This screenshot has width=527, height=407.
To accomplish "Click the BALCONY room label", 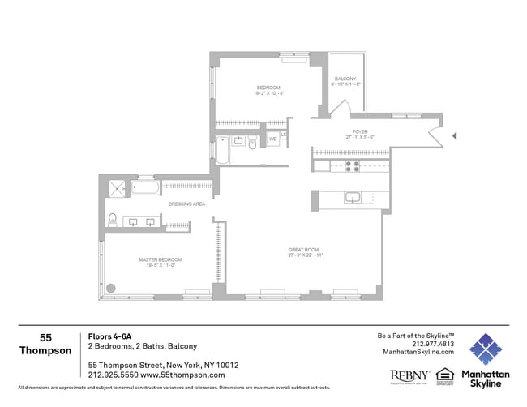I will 345,79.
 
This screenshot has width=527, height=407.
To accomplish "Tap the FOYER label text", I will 359,131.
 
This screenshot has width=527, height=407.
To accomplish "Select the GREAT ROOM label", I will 304,249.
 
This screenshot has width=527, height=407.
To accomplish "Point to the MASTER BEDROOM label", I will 164,259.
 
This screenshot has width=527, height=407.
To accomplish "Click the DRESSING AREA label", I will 186,204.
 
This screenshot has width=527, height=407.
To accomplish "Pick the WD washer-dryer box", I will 272,139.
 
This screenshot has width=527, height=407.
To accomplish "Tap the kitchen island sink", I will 353,197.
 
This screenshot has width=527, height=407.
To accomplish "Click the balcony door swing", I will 341,107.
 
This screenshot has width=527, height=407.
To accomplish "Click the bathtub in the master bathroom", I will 146,188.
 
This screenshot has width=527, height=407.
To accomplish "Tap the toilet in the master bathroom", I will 113,220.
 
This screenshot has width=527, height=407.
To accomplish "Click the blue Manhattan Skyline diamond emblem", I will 486,349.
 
